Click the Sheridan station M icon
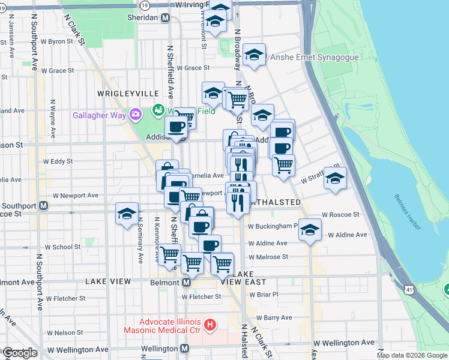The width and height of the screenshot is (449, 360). tap(164, 18)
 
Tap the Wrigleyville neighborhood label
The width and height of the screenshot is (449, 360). tap(128, 94)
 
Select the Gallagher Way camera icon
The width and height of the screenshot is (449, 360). tap(136, 114)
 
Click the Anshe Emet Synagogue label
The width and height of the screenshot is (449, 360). tap(315, 58)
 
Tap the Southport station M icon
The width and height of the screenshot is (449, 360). tap(43, 205)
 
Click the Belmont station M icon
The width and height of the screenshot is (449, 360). tap(186, 282)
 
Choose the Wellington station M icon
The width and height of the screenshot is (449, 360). tap(185, 349)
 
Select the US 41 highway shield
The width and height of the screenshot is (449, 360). tap(409, 290)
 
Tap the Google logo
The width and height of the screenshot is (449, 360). tap(19, 353)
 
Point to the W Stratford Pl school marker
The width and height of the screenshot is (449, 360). tap(335, 178)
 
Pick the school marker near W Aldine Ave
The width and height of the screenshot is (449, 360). tap(310, 230)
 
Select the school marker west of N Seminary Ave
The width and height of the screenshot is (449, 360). tap(127, 214)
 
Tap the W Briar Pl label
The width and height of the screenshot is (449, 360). tap(263, 295)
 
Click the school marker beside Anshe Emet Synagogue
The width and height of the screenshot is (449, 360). tap(255, 55)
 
